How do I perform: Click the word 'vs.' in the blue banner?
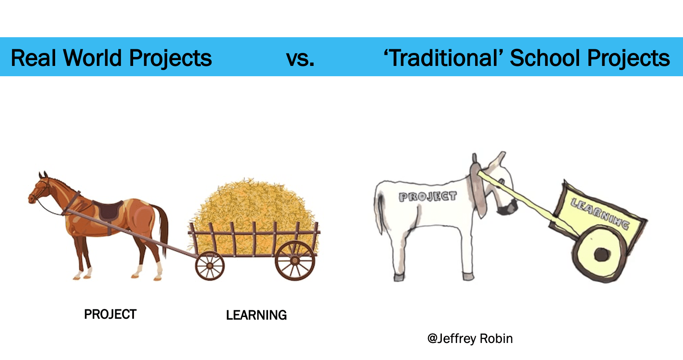click(300, 58)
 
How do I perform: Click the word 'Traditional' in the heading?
click(444, 57)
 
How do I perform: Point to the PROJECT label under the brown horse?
click(110, 314)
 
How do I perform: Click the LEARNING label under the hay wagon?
click(256, 315)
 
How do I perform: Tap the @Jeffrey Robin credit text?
click(470, 338)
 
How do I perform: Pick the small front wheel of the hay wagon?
click(210, 266)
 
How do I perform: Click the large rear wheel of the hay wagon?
click(295, 260)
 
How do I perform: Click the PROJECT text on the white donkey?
click(428, 197)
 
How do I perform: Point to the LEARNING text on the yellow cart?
click(600, 213)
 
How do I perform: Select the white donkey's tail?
click(379, 213)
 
